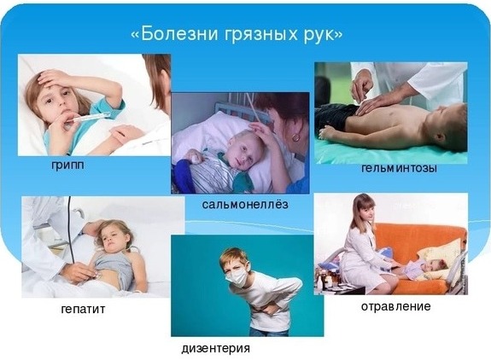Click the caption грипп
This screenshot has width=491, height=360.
tap(68, 165)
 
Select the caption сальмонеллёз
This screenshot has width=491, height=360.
tap(245, 204)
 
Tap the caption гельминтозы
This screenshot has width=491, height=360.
tap(399, 168)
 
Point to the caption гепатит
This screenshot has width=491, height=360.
tap(83, 309)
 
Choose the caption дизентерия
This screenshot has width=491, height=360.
tap(216, 348)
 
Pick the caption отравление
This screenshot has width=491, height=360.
tap(396, 306)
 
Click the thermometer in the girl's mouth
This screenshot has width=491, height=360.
tap(91, 118)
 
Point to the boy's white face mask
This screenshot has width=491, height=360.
tap(237, 276)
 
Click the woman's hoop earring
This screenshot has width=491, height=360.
tap(295, 136)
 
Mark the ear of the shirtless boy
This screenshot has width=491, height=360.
tap(441, 136)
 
